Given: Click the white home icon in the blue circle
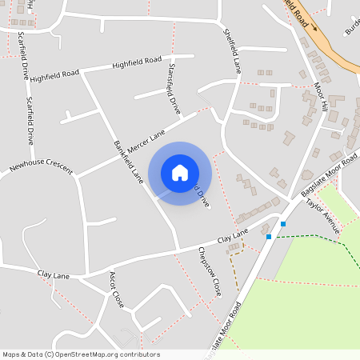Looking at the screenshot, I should click(180, 173).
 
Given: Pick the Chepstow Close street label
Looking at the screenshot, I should click(208, 271).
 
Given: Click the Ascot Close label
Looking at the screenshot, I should click(116, 290).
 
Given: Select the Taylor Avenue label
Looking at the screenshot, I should click(323, 216).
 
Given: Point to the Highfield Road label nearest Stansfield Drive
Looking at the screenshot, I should click(137, 62).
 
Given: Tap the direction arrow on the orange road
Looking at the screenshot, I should click(314, 27).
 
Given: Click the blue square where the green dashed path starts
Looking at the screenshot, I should click(269, 237).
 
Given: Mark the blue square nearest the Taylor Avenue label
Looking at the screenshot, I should click(283, 224).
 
